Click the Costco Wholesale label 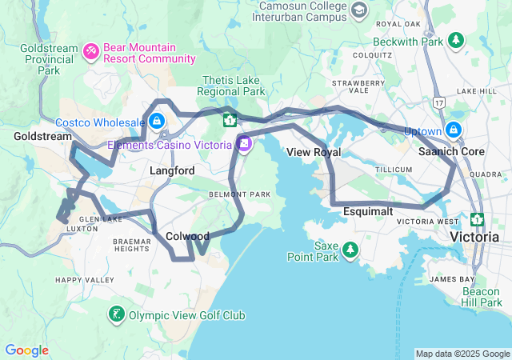tap(100, 122)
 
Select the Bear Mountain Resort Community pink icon tap(91, 53)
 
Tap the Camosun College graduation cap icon tap(359, 10)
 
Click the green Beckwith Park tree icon tap(456, 39)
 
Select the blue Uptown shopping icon tap(454, 129)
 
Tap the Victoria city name tap(476, 238)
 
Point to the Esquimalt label tap(367, 211)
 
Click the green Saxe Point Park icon tap(350, 251)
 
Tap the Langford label tap(172, 171)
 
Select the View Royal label tap(314, 152)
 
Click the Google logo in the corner tap(26, 350)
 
